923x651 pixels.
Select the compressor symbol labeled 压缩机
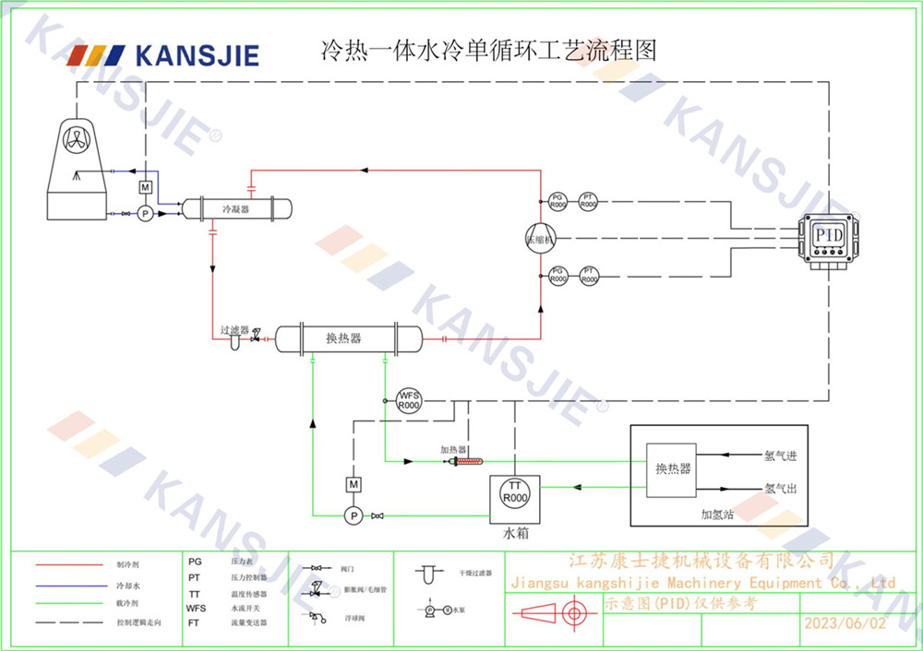tap(540, 237)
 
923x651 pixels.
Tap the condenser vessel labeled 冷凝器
tap(236, 209)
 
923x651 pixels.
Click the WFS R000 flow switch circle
tap(408, 401)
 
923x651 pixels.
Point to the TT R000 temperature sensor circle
tap(515, 491)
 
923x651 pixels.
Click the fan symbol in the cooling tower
tap(79, 139)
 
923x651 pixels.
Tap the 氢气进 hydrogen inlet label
tap(780, 456)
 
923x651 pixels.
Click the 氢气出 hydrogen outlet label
tap(780, 488)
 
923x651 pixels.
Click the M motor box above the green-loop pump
tap(353, 484)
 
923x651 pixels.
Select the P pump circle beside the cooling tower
tap(144, 214)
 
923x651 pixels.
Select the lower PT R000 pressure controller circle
tap(588, 275)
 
